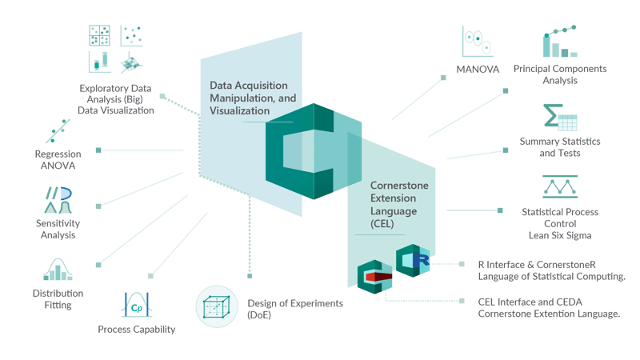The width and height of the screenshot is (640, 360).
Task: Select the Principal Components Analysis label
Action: coord(560,74)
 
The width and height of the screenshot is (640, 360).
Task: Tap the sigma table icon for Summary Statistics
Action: coord(560,118)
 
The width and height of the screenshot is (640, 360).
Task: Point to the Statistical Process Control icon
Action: coord(560,187)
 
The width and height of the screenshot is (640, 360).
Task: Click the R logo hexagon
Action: coord(414,260)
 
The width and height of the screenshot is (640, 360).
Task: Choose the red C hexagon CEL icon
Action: coord(374,277)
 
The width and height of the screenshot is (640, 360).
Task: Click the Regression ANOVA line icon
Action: coord(58,131)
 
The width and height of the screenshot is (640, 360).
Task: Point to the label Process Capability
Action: coord(137,329)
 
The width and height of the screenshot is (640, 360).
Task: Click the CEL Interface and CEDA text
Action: coord(548,308)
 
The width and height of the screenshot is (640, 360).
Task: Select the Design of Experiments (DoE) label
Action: coord(283,309)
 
